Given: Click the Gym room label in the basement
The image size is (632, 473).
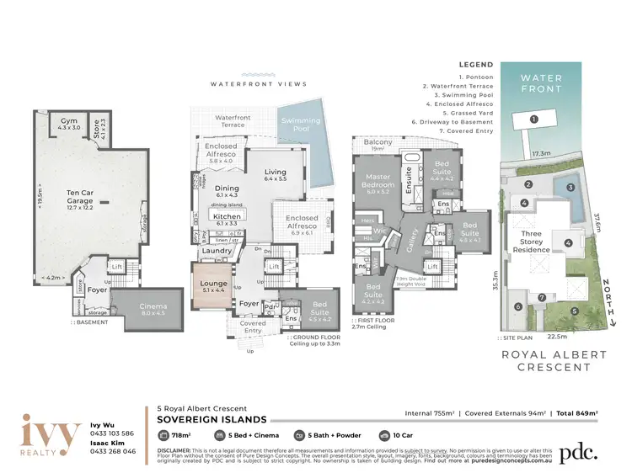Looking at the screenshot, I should coord(67,124).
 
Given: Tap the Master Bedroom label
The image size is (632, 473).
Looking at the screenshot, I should coord(378,181).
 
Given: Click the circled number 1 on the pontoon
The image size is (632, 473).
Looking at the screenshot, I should coord(533,120).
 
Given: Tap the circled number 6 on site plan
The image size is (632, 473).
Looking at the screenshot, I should coord(517,306).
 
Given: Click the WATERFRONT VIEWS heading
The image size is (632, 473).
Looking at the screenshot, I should coord(259,84).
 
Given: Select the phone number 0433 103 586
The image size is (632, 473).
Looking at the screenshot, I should coord(112,433).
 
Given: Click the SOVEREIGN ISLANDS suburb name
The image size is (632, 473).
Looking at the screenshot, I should coord(206,418).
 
